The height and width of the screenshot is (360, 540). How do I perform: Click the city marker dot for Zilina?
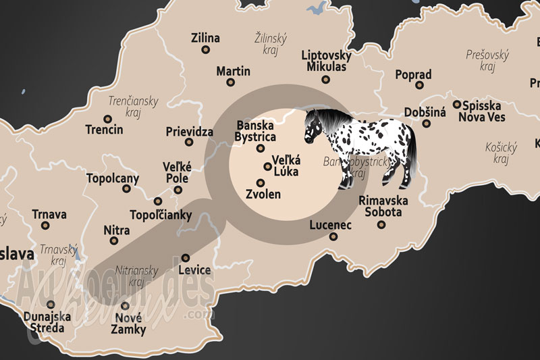click(x=205, y=49)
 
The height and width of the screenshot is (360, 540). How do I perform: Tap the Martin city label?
click(x=233, y=71)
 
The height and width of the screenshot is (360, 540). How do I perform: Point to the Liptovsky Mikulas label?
click(x=326, y=61)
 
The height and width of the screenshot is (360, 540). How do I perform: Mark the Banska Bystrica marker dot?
click(x=261, y=149)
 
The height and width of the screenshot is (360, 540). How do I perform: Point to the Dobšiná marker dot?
click(x=426, y=124)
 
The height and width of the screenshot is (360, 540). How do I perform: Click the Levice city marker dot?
click(x=186, y=257)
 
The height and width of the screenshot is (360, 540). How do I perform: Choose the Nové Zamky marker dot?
click(x=126, y=305)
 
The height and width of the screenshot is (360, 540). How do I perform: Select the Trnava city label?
click(x=49, y=215)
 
